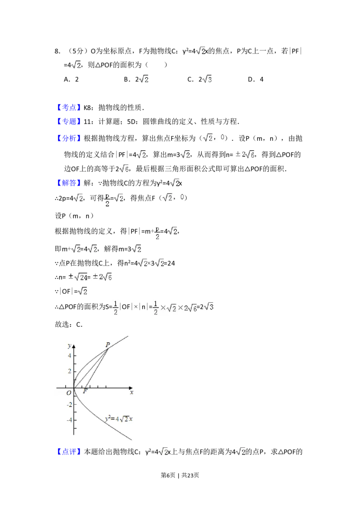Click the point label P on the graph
coord(108,345)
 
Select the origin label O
coord(69,393)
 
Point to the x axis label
coord(132,392)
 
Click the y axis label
coord(69,345)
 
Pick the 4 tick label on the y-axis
coord(69,355)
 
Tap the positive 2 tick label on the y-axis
coord(69,371)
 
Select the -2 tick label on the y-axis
coord(68,404)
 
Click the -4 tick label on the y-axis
coord(68,420)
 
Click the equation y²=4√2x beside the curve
coord(119,419)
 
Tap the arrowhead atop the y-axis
coord(74,346)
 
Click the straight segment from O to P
coord(90,369)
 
